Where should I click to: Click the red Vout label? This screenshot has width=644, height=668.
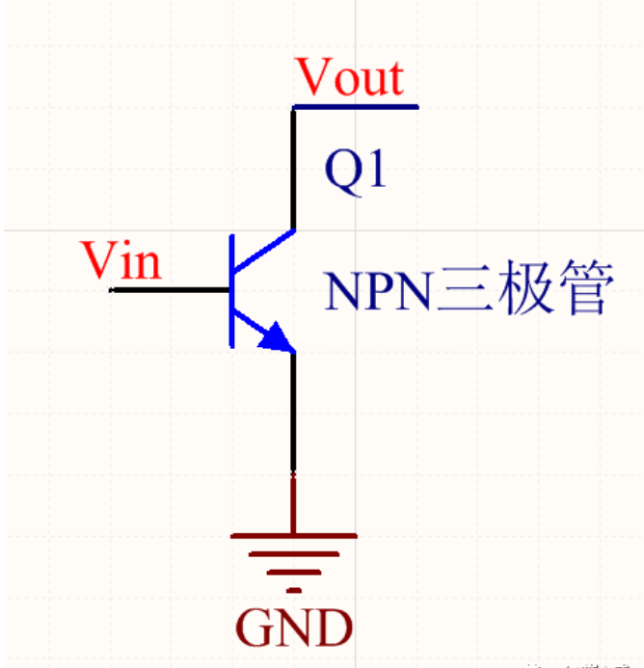(x=350, y=77)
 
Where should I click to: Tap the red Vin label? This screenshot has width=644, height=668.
(x=121, y=259)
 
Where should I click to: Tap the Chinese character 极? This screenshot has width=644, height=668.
(x=525, y=291)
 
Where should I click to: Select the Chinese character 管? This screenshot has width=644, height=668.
(x=584, y=291)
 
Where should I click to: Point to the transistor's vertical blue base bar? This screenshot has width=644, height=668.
(x=231, y=289)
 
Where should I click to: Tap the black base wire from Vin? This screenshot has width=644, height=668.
(x=170, y=289)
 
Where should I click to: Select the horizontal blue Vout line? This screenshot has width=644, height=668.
(x=357, y=106)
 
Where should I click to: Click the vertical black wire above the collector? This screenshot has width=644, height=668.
(x=293, y=169)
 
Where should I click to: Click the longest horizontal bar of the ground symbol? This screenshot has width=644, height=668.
(x=293, y=535)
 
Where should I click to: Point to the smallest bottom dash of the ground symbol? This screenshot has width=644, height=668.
(x=293, y=589)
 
